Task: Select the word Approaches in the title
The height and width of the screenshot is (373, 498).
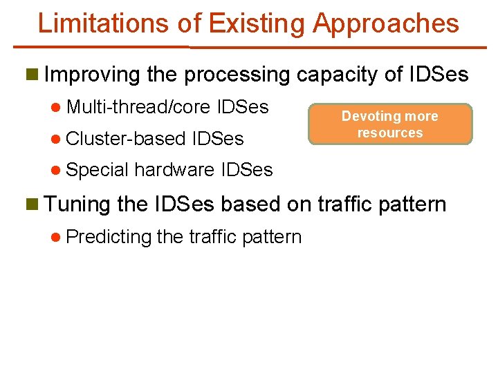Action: (x=385, y=23)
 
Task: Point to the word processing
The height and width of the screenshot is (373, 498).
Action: (x=236, y=74)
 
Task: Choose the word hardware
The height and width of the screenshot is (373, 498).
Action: (x=174, y=169)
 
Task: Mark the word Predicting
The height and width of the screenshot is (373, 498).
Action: (x=109, y=237)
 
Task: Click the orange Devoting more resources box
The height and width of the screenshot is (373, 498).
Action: (x=390, y=124)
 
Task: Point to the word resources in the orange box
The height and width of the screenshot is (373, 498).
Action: (x=390, y=133)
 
